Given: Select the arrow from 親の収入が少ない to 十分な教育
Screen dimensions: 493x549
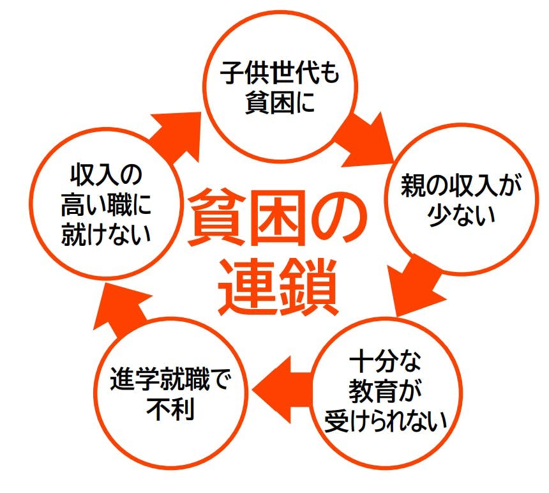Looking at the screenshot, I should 418,284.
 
